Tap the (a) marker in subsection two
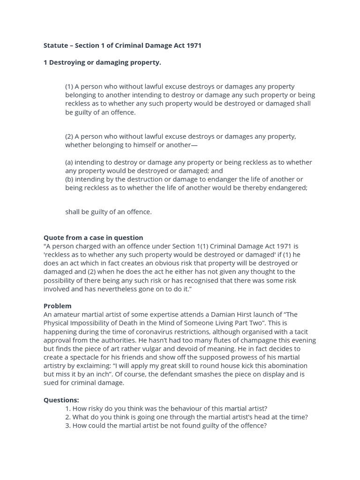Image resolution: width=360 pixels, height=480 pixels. pyautogui.click(x=69, y=162)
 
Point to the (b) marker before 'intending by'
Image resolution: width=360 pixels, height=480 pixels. pyautogui.click(x=69, y=179)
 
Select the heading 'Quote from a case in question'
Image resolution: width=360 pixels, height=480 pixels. pyautogui.click(x=93, y=238)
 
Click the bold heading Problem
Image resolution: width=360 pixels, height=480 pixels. pyautogui.click(x=58, y=306)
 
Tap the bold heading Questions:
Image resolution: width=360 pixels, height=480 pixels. pyautogui.click(x=61, y=400)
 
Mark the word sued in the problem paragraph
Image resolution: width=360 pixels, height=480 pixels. pyautogui.click(x=51, y=382)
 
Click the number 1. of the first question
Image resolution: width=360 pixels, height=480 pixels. pyautogui.click(x=68, y=408)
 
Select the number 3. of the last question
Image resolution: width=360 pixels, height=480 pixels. pyautogui.click(x=68, y=425)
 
